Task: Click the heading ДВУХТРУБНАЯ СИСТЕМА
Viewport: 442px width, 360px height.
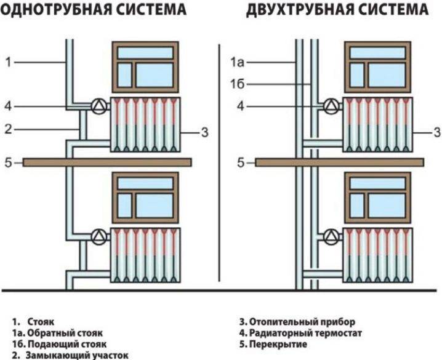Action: tap(337, 10)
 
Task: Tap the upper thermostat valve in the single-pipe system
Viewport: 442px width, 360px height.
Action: tap(97, 106)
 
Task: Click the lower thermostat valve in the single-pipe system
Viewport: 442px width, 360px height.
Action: tap(97, 236)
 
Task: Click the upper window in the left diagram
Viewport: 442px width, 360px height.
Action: tap(145, 66)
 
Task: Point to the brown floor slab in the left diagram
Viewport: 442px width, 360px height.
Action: tap(107, 162)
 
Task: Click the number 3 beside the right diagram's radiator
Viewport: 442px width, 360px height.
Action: tap(436, 132)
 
